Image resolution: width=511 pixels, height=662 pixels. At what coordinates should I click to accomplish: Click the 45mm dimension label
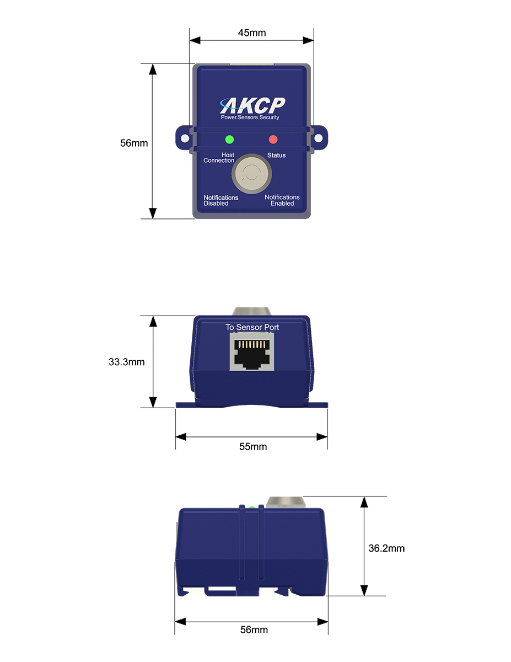click(251, 33)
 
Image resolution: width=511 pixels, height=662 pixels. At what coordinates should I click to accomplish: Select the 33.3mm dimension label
click(126, 362)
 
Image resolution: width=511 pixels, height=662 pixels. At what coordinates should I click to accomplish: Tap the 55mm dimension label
click(252, 446)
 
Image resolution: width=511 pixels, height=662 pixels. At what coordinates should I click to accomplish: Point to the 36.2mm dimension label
click(386, 548)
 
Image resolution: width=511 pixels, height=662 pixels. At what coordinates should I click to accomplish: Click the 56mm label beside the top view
click(134, 143)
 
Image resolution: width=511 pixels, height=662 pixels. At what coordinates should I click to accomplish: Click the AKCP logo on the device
click(252, 105)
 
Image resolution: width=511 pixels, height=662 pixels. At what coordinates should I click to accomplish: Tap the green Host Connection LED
click(229, 139)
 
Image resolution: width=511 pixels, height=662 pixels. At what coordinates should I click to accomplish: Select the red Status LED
click(273, 139)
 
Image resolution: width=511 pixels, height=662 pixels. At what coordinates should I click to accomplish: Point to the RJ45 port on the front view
click(251, 353)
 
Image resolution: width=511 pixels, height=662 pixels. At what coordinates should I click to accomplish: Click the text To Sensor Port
click(252, 327)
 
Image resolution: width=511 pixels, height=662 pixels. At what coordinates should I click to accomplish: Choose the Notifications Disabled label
click(220, 200)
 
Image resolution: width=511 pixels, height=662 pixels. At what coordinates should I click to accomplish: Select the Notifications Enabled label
click(282, 200)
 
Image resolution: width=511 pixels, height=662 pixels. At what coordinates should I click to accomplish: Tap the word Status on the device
click(277, 155)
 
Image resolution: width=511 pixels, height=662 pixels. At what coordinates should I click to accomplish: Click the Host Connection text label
click(219, 158)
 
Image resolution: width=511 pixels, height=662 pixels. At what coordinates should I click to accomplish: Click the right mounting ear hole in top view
click(319, 135)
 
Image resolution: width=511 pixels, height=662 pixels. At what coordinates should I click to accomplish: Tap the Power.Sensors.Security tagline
click(250, 118)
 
